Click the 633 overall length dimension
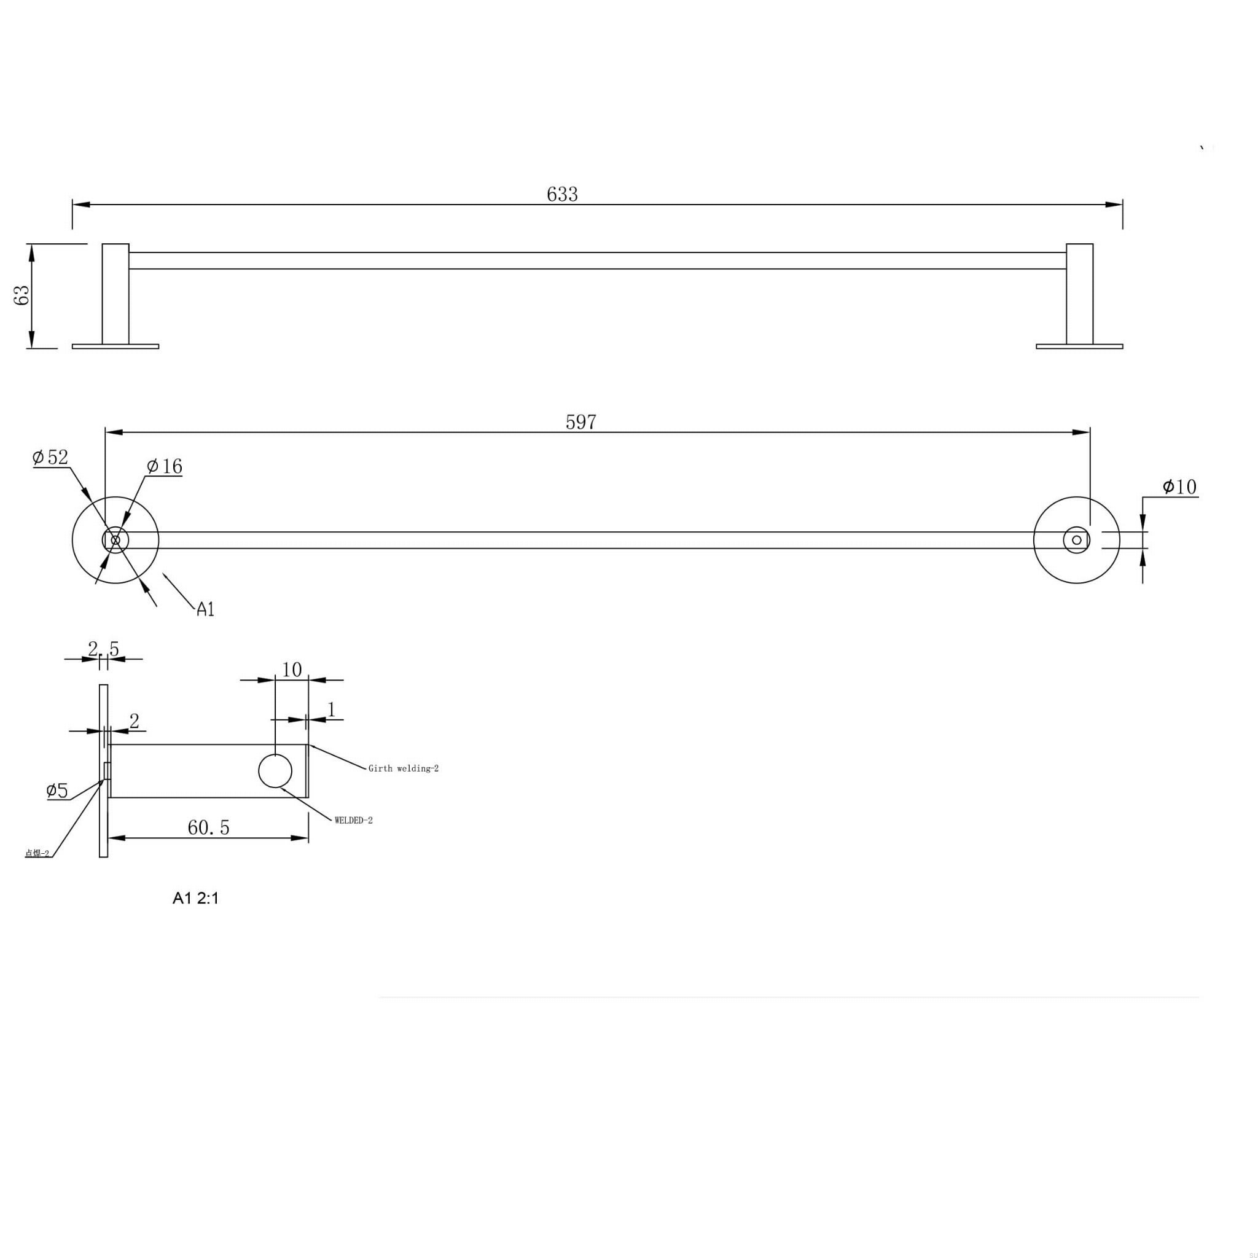pos(562,194)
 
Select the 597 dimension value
pos(581,422)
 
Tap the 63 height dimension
pos(22,295)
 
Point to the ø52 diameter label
pos(51,457)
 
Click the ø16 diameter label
pos(165,466)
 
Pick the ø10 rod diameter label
pos(1179,486)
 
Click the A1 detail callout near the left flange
pos(205,609)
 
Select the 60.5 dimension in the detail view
pos(208,827)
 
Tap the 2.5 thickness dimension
pos(104,649)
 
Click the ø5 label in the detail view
pos(57,791)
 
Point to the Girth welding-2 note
pos(403,768)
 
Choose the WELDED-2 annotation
pos(354,821)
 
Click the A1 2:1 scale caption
pos(195,898)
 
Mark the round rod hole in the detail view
pos(275,771)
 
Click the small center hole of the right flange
pos(1076,540)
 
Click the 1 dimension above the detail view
pos(332,709)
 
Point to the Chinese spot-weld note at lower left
pos(37,853)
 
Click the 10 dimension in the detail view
pos(292,670)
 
